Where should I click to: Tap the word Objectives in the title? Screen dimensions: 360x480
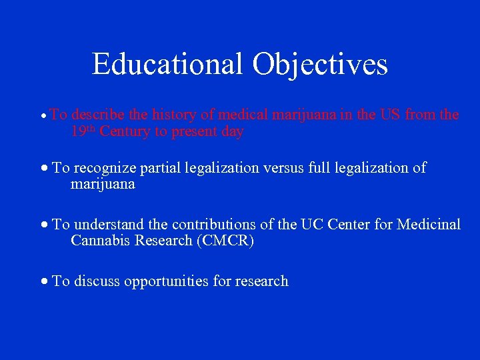point(320,64)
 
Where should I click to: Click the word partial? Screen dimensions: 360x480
point(166,168)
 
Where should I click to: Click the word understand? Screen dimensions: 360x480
point(107,225)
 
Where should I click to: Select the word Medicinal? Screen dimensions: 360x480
point(429,225)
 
